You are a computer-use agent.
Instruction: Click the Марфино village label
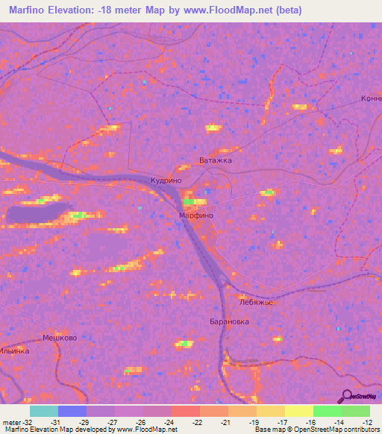coord(196,215)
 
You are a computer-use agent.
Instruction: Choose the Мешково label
coord(60,338)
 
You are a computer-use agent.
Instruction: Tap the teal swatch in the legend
coord(44,411)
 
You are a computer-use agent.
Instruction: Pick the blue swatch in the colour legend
coord(72,411)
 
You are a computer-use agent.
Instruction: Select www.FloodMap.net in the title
coord(231,10)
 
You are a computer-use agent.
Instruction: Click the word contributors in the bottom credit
coord(361,430)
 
